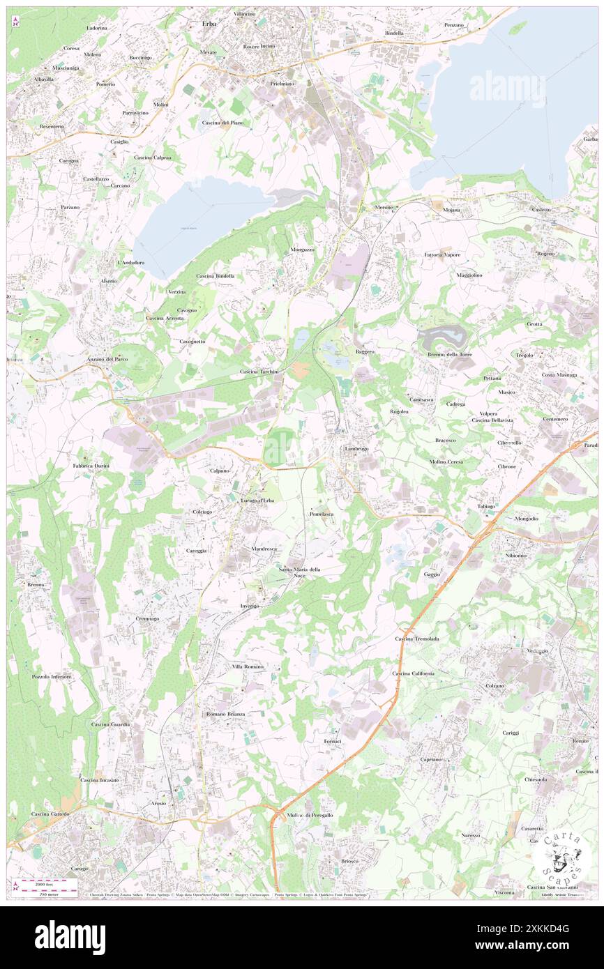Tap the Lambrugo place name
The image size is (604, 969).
point(356,449)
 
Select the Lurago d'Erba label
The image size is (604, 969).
point(257,501)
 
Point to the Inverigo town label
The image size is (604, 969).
point(250,606)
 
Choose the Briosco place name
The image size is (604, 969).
point(349,861)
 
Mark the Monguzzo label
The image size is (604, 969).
point(303,249)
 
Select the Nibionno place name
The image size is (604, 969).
point(516,555)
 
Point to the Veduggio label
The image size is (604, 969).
point(537,650)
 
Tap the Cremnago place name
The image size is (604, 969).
point(148,618)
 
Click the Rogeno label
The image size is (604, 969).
point(545,253)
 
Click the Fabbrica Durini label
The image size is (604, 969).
point(91,465)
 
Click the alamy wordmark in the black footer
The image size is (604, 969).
point(70,936)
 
